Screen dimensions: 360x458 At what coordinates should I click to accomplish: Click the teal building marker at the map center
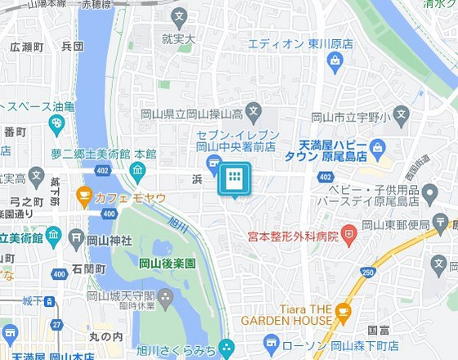tap(233, 179)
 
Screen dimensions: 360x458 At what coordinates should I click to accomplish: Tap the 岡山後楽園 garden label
tap(167, 263)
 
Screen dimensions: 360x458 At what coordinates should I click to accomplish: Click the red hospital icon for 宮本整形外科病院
tap(349, 236)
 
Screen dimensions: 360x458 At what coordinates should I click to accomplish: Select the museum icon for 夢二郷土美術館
tap(137, 170)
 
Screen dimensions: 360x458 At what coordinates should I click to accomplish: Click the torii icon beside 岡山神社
tap(77, 239)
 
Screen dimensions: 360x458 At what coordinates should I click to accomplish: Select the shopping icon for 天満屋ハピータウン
tap(377, 148)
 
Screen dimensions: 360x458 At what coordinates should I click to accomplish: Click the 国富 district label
tap(378, 330)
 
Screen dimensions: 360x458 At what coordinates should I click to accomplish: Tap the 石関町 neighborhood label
tap(88, 269)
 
